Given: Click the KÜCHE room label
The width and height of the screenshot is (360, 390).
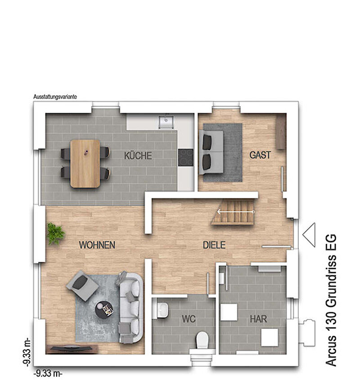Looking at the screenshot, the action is (x=138, y=156).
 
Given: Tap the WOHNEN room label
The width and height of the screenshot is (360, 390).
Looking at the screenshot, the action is (x=97, y=245).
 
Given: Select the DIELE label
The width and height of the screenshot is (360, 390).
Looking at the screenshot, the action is (x=214, y=245).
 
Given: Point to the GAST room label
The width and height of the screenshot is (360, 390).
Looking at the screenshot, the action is (x=260, y=155).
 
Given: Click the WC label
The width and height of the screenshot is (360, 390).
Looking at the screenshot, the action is (x=189, y=319).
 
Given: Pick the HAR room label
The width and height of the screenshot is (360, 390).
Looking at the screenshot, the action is (x=258, y=319).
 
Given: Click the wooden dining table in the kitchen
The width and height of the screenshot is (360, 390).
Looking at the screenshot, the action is (x=85, y=163).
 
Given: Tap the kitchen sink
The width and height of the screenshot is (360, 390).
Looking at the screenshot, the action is (x=166, y=121).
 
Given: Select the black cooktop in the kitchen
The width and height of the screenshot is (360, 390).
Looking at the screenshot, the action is (x=185, y=157).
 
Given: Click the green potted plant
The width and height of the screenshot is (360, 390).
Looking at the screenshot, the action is (x=55, y=233).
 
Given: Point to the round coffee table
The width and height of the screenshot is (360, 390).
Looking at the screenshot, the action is (x=104, y=309).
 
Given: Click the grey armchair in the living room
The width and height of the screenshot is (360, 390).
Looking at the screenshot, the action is (x=82, y=286).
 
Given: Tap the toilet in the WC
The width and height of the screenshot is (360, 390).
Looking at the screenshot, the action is (x=202, y=340).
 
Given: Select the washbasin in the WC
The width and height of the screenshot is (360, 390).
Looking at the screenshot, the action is (x=162, y=310).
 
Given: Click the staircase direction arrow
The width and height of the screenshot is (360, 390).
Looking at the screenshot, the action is (x=236, y=212).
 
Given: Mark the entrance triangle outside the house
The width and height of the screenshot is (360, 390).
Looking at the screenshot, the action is (x=309, y=235).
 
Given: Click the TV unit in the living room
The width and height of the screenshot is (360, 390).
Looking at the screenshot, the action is (x=72, y=349).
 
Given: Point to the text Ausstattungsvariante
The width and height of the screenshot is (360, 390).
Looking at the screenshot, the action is (x=55, y=97).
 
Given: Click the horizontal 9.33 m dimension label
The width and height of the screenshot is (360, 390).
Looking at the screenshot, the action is (x=48, y=373).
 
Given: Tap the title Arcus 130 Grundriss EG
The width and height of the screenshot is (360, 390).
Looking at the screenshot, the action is (x=331, y=300).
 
